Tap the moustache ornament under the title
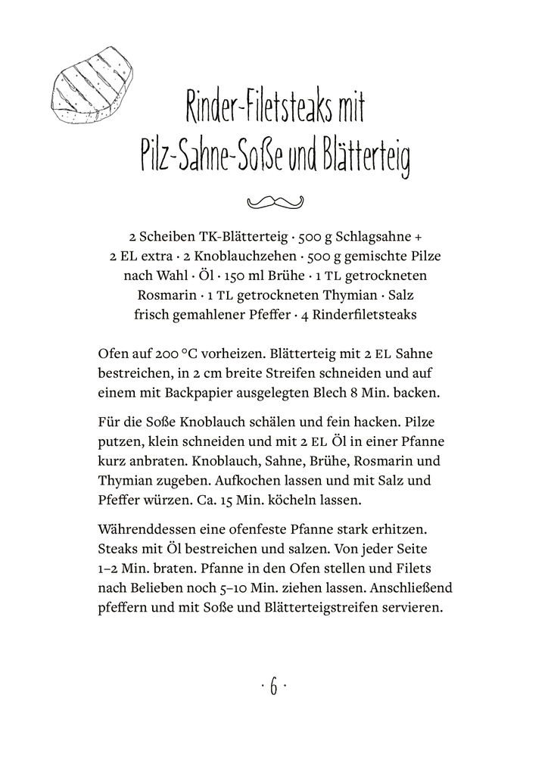coord(275,201)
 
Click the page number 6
coord(274,688)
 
